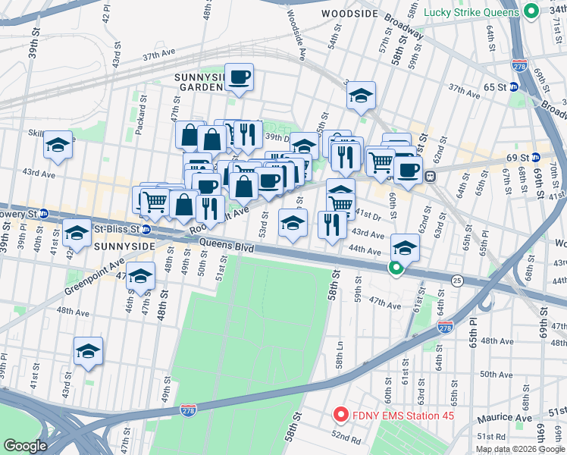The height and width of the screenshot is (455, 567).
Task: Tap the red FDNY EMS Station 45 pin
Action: pos(340,415)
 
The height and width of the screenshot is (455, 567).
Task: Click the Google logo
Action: pos(25,446)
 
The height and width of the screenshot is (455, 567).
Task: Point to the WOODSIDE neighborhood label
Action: pos(349,14)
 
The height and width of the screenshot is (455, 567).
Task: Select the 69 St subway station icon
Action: pos(536,158)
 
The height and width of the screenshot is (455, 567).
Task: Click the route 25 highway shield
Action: pos(457,281)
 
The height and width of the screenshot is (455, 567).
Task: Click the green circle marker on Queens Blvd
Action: pos(395,267)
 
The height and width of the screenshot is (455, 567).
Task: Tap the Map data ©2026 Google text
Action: pos(519,449)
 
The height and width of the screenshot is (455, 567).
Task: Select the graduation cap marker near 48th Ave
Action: pos(88,351)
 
